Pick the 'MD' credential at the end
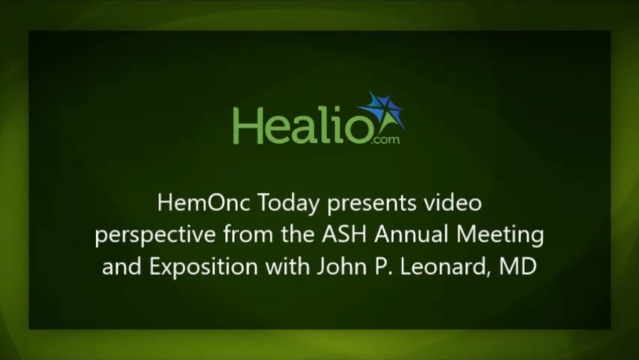[x=520, y=267]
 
